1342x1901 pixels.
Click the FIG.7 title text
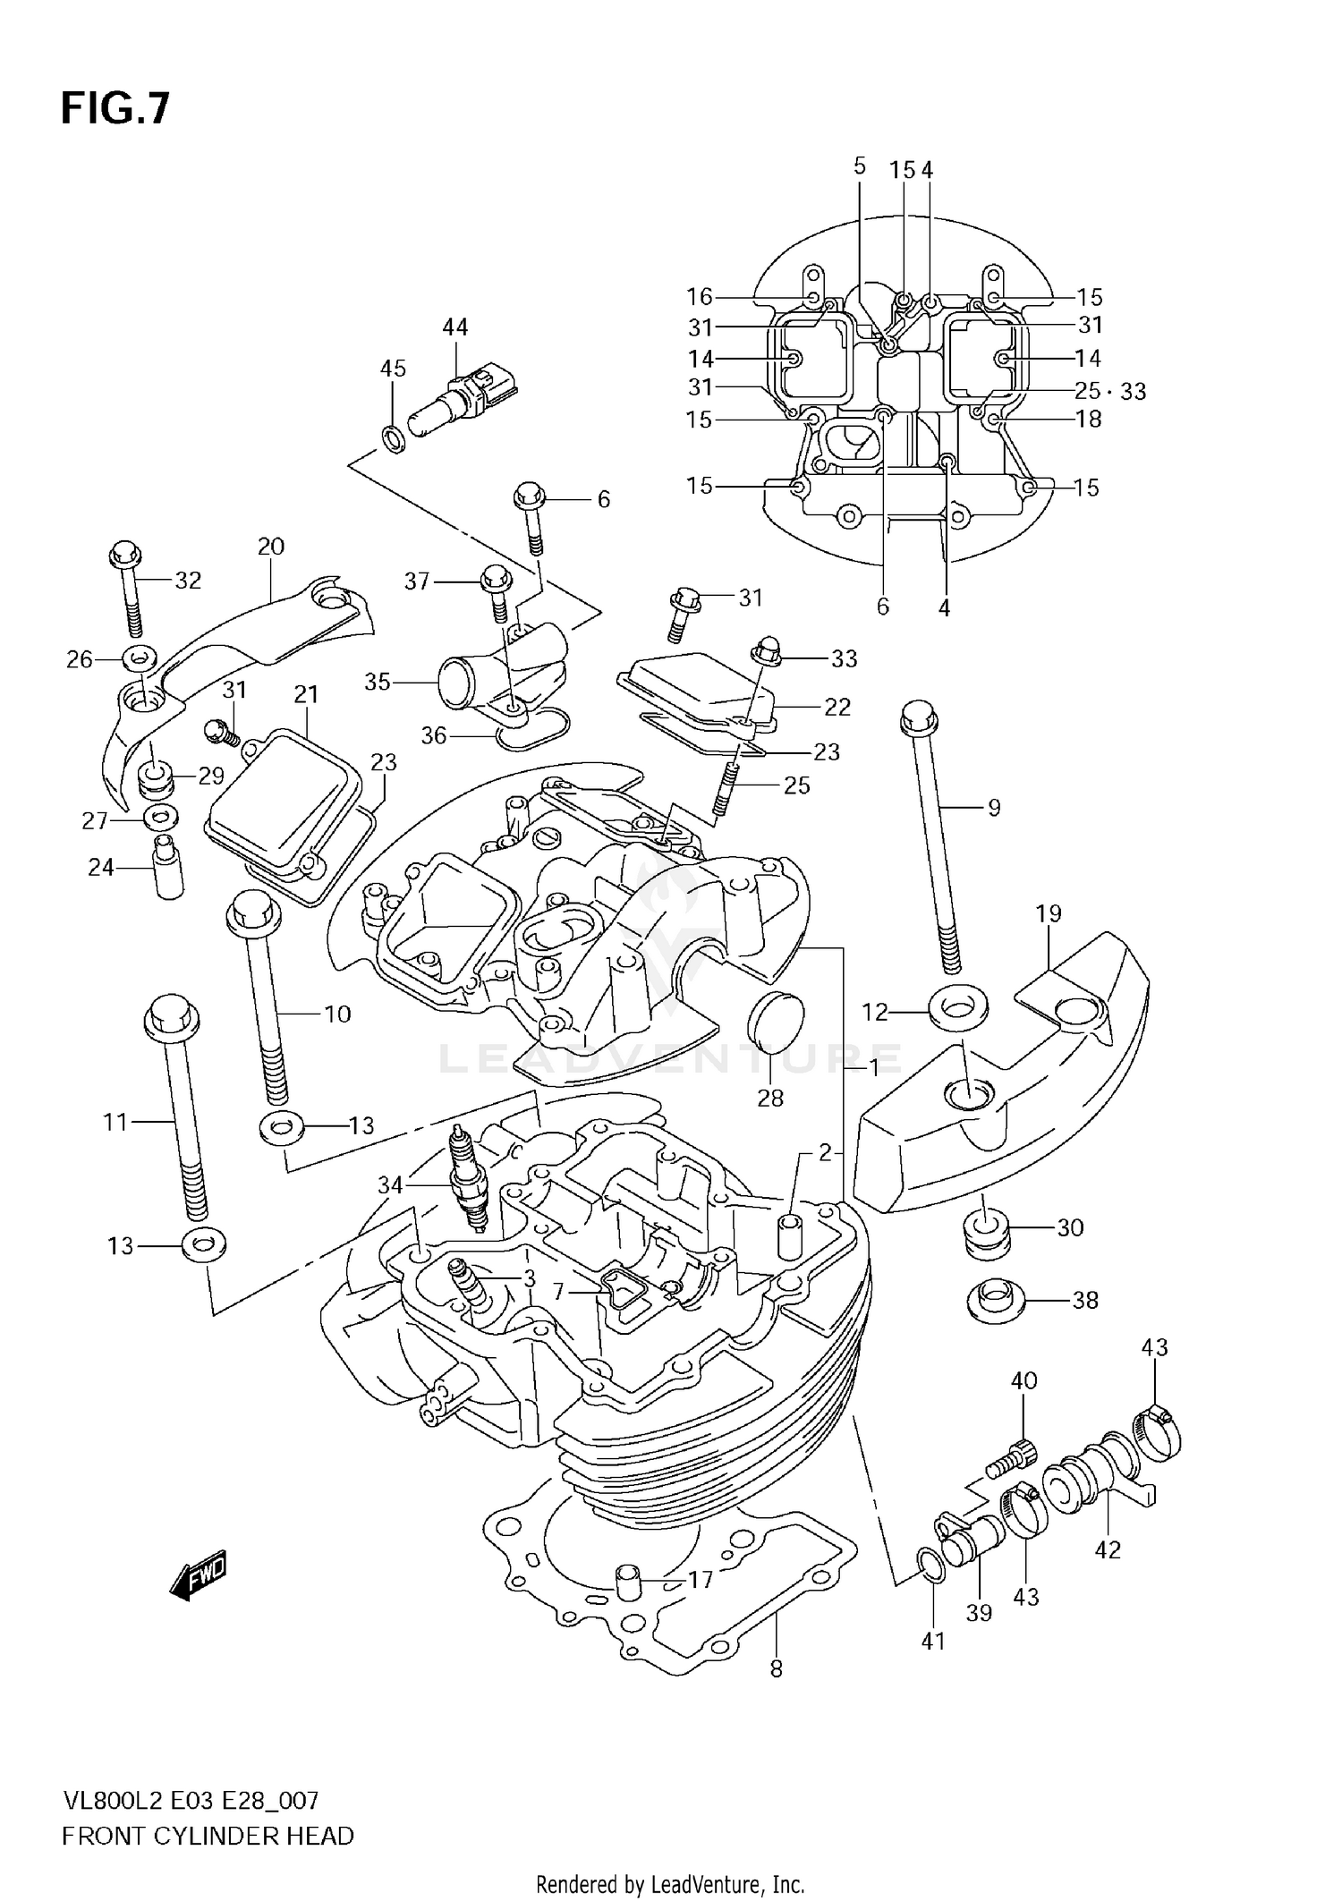click(x=115, y=109)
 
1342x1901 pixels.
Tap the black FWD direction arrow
click(x=199, y=1573)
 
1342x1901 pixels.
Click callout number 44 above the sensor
click(x=454, y=327)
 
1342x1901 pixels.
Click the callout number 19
click(x=1049, y=913)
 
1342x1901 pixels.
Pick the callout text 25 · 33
click(x=1109, y=391)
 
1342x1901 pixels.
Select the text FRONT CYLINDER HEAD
click(x=208, y=1836)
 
